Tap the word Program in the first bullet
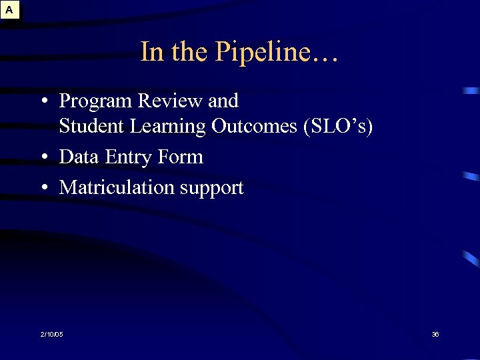96,102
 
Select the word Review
171,101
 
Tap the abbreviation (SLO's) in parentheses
337,127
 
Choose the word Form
181,157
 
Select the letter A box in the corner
10,10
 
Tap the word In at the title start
151,52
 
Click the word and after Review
223,101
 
